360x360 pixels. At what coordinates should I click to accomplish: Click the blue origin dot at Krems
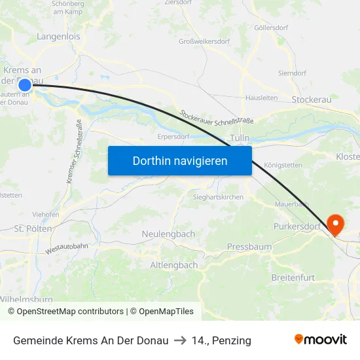[x=25, y=84]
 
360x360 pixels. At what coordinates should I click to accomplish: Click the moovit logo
[x=321, y=340]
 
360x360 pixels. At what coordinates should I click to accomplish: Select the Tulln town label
[x=240, y=139]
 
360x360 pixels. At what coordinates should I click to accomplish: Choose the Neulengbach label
[x=168, y=234]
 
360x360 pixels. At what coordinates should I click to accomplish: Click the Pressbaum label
[x=249, y=247]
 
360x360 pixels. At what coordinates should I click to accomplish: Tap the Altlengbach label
[x=173, y=265]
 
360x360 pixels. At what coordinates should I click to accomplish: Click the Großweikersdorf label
[x=204, y=41]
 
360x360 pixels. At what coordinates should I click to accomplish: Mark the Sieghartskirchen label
[x=218, y=197]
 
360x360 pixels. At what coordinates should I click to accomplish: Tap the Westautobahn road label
[x=67, y=248]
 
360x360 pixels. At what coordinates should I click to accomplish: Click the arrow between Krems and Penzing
[x=180, y=340]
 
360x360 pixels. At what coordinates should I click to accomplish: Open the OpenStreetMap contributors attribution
[x=65, y=312]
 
